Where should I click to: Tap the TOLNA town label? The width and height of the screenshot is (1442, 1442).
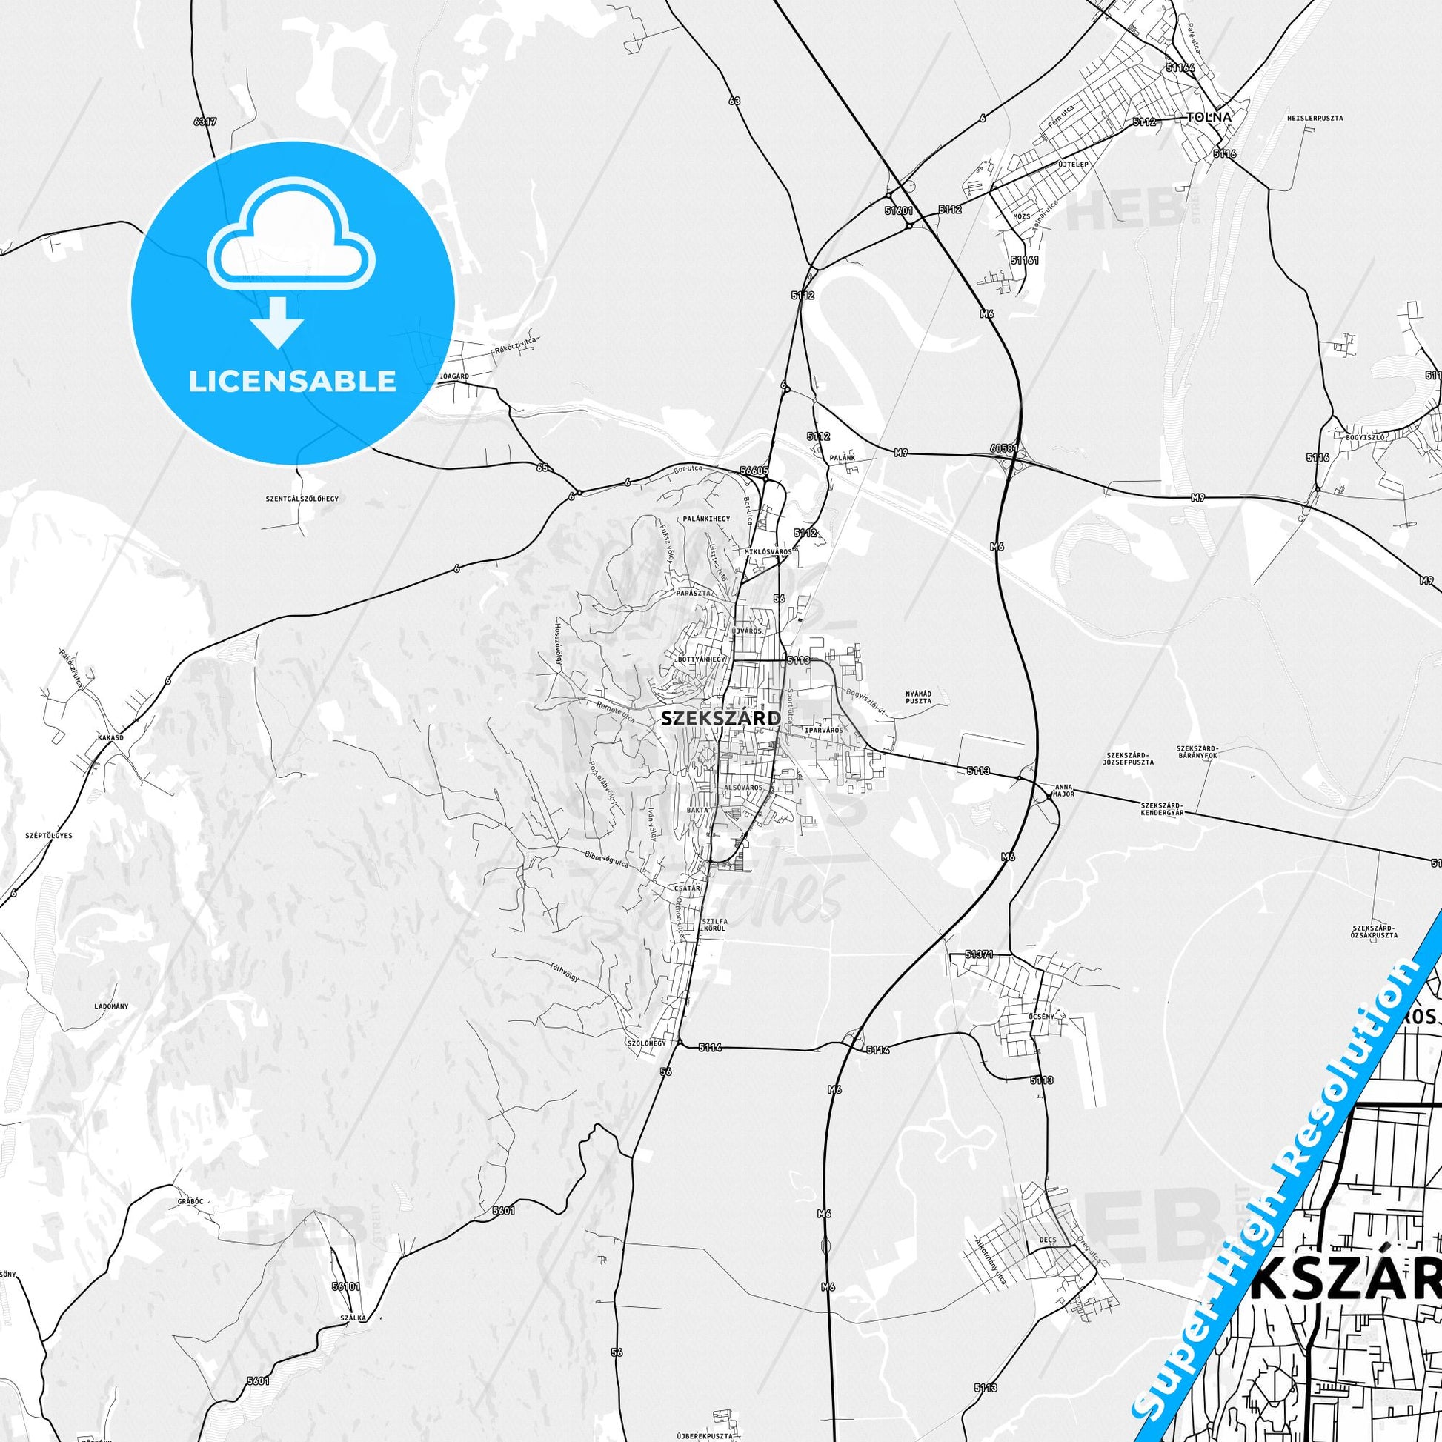(x=1209, y=117)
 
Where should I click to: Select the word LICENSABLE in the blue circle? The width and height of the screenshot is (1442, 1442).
(x=293, y=382)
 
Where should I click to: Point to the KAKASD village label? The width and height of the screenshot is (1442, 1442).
(x=110, y=736)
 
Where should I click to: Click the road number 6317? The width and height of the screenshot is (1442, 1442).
(x=204, y=121)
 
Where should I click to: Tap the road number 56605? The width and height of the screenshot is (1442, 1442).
(x=754, y=471)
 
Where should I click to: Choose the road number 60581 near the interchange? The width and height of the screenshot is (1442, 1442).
(x=1005, y=448)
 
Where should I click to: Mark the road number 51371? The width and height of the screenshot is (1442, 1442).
(x=978, y=954)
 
